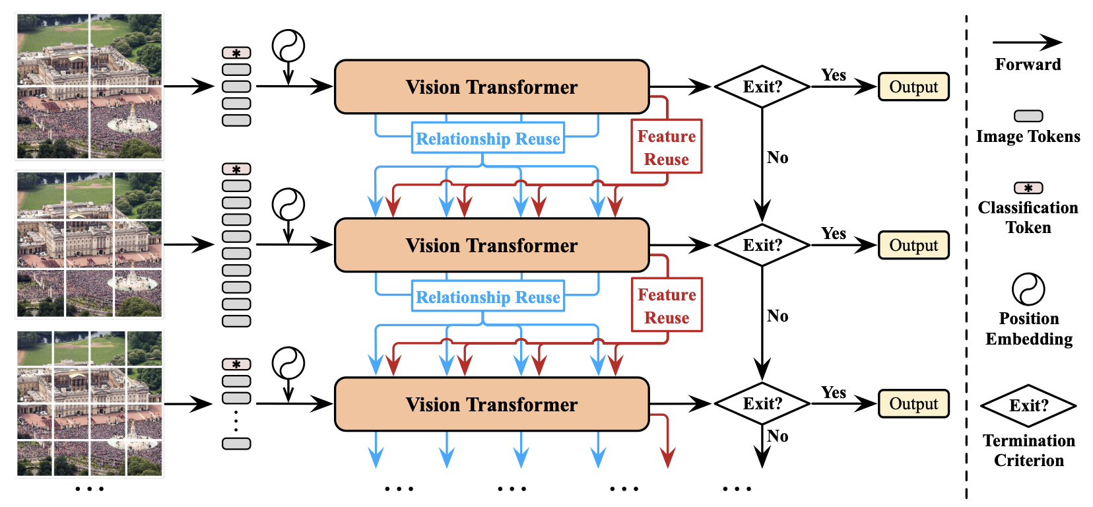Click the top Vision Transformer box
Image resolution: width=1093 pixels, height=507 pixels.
(x=491, y=87)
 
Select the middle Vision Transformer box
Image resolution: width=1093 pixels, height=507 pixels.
(x=491, y=245)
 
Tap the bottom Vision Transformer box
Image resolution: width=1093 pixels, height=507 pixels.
(x=491, y=404)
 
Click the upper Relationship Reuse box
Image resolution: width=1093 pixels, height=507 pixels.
(x=488, y=138)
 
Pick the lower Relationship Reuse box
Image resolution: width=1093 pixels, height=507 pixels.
(x=488, y=296)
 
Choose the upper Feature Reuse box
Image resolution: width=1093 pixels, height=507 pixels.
(x=667, y=147)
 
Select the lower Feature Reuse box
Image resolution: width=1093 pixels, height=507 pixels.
(x=667, y=305)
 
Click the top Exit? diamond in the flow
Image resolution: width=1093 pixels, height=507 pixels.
(x=762, y=87)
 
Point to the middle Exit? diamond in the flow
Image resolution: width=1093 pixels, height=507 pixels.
(x=762, y=245)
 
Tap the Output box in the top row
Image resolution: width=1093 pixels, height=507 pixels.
(x=913, y=87)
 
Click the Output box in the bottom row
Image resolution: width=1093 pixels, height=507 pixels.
(x=913, y=403)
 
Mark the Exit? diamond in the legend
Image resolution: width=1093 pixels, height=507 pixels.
(x=1028, y=405)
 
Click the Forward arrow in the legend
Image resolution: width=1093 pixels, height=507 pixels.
(x=1028, y=42)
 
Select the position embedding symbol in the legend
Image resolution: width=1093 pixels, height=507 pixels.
(x=1028, y=289)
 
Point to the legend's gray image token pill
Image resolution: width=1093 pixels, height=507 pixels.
(x=1028, y=116)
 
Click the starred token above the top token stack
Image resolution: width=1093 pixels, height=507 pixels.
(x=236, y=53)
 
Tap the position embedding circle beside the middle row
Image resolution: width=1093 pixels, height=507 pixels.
(x=288, y=205)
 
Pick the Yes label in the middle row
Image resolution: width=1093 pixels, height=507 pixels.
(x=834, y=233)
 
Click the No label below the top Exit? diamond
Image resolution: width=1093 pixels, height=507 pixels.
(x=778, y=158)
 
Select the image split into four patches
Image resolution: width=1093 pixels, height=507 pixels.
(x=90, y=86)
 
